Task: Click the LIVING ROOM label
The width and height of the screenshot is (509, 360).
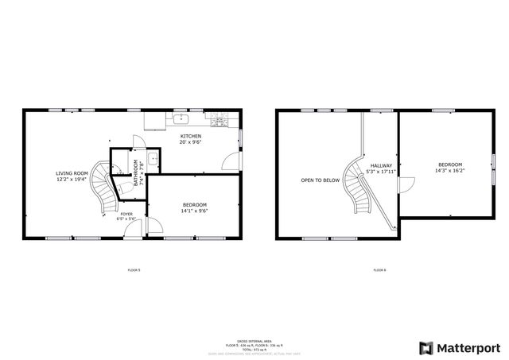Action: [x=72, y=172]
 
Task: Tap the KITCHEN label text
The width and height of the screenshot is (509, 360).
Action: [x=191, y=136]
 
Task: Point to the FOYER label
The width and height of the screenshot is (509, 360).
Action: [x=126, y=214]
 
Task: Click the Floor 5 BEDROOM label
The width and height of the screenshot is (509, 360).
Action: [x=195, y=205]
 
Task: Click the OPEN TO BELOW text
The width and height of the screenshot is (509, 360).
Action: [x=320, y=180]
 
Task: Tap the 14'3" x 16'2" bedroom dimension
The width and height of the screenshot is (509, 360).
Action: [x=449, y=170]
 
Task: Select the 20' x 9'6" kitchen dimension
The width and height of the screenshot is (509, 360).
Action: [x=191, y=142]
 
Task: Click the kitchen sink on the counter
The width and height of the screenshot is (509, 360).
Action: [x=181, y=121]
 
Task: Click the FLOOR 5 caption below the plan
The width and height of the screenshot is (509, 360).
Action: [x=134, y=270]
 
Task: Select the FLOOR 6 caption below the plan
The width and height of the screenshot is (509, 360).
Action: [x=380, y=270]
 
